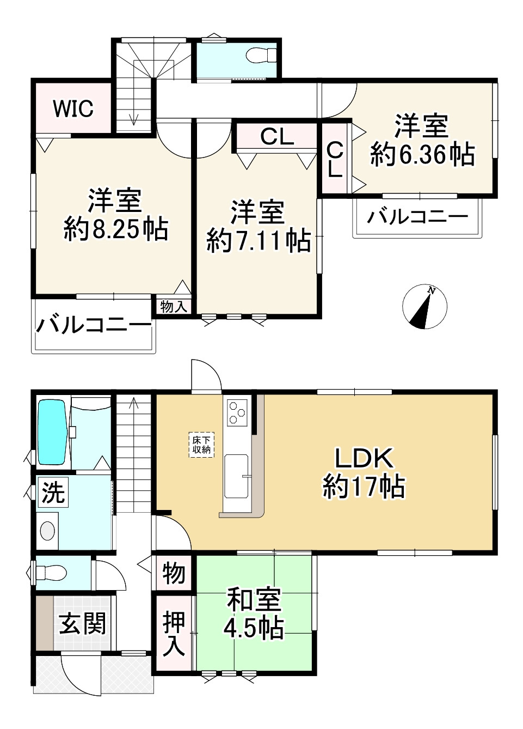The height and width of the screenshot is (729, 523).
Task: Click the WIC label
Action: [x=73, y=108]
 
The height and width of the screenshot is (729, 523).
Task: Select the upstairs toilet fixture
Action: [x=261, y=55]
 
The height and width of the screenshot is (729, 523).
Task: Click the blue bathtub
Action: [x=53, y=432]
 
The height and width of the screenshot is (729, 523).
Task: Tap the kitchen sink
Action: [x=236, y=476]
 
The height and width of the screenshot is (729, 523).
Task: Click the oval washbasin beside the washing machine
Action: [x=47, y=531]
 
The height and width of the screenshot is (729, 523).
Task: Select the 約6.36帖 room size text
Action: [x=422, y=155]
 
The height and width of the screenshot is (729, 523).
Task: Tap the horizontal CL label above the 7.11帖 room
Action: [x=277, y=137]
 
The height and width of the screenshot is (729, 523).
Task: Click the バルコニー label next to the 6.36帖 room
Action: [x=417, y=217]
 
